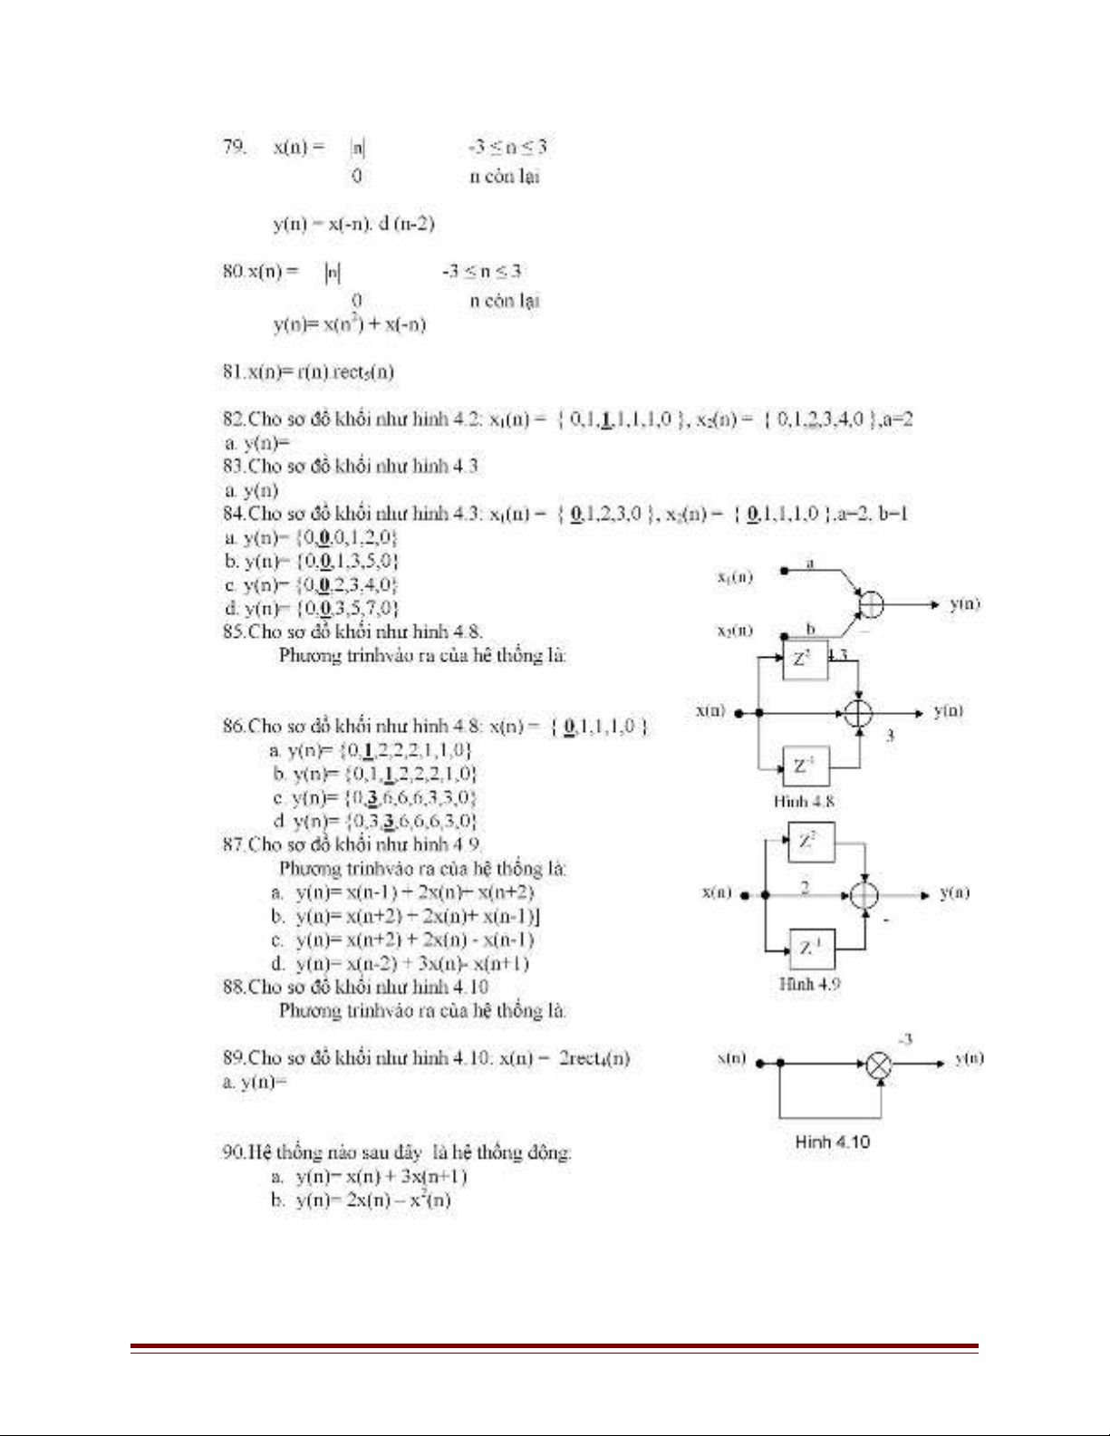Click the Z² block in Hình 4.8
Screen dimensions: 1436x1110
coord(805,659)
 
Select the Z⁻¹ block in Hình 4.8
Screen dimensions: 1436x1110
coord(805,766)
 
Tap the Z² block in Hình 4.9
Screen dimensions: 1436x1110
coord(810,842)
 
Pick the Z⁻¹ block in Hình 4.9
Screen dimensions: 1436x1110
coord(811,949)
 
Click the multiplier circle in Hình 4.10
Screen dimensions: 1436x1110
coord(878,1065)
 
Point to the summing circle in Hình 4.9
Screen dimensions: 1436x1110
coord(864,895)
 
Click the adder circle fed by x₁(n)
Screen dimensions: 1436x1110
coord(870,604)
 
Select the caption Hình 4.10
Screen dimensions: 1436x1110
coord(832,1142)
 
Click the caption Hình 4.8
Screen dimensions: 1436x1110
coord(804,801)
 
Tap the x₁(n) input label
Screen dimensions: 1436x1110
coord(735,576)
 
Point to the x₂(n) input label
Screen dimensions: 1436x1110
coord(735,631)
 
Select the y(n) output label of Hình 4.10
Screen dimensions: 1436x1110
coord(969,1058)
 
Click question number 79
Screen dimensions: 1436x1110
coord(234,147)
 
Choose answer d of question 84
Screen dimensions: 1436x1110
coord(312,608)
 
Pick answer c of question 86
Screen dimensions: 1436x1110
coord(373,797)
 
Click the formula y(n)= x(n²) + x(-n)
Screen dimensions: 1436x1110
coord(350,324)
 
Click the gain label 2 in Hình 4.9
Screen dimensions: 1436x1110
coord(805,887)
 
